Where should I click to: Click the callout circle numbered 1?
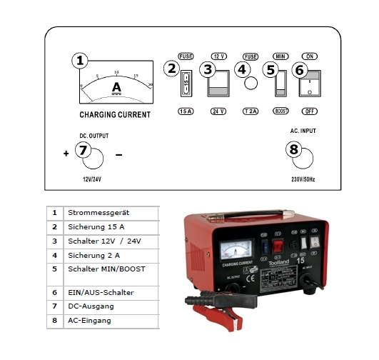81,61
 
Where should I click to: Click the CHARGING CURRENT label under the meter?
115,114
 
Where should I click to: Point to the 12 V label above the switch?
219,56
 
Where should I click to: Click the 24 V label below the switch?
219,112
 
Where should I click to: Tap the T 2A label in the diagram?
250,112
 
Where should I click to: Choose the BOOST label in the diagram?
280,112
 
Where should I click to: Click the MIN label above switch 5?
280,56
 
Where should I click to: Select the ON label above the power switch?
310,56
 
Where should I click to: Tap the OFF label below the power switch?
310,112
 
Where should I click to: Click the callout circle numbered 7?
83,151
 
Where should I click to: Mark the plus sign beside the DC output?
66,154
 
